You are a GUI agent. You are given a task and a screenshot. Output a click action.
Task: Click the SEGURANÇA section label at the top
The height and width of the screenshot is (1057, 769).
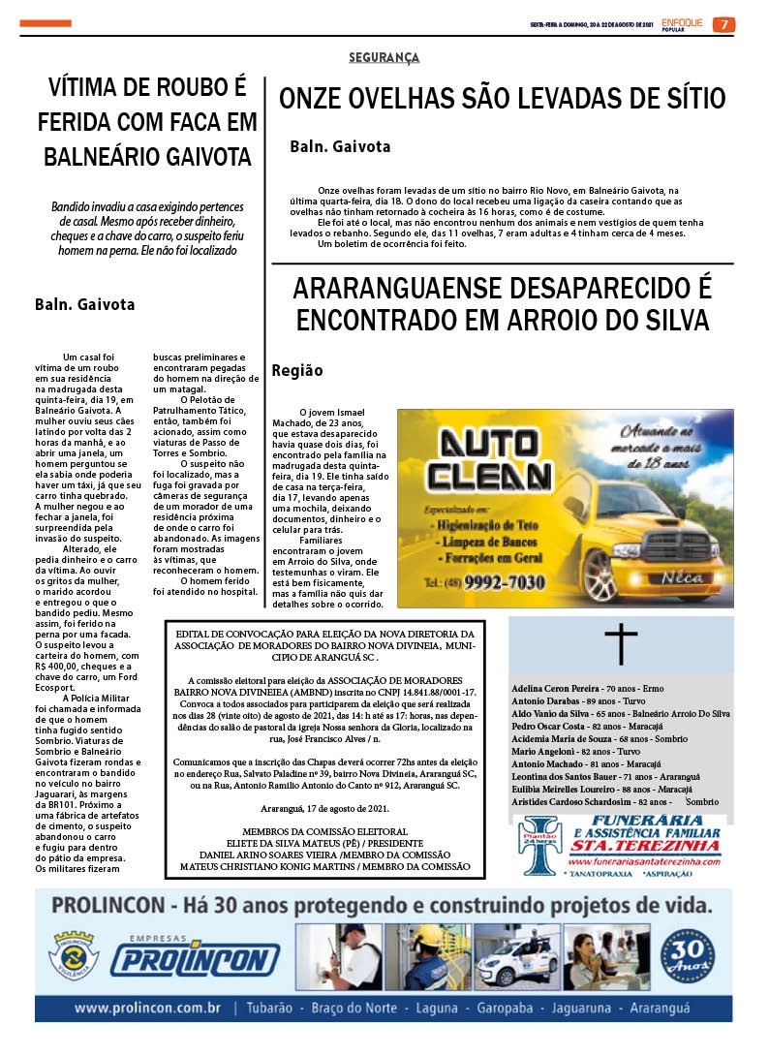pos(384,58)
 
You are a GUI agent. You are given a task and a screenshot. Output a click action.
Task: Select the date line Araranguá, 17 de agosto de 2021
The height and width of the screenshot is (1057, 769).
pos(324,807)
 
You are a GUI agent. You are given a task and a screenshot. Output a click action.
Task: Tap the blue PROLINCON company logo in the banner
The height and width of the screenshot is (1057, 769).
pos(193,959)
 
